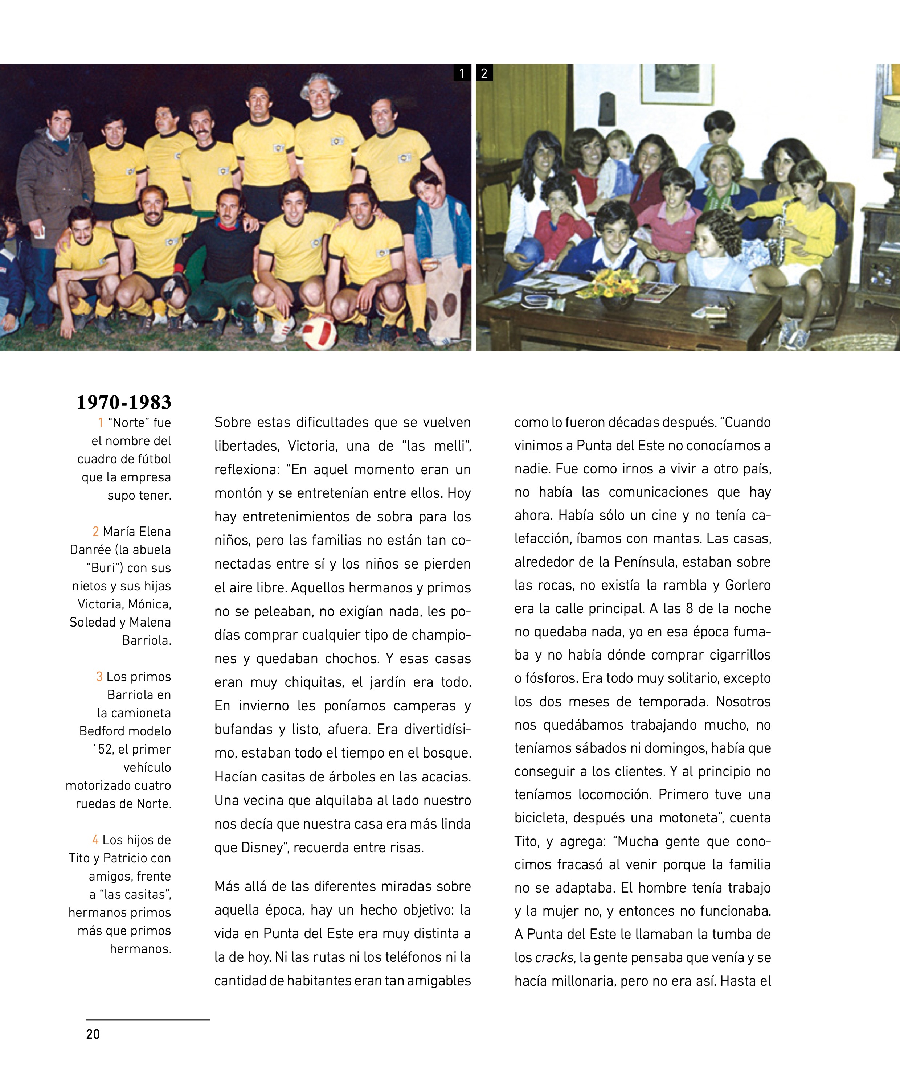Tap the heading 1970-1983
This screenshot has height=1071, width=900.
[124, 402]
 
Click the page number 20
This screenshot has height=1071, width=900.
[93, 1034]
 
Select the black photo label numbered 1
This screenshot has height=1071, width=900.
[462, 73]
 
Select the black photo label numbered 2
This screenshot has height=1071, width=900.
[484, 73]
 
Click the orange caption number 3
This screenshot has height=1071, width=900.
[99, 677]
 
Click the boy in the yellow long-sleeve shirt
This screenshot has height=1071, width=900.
[806, 225]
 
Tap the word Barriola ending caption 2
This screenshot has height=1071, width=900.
[146, 641]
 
